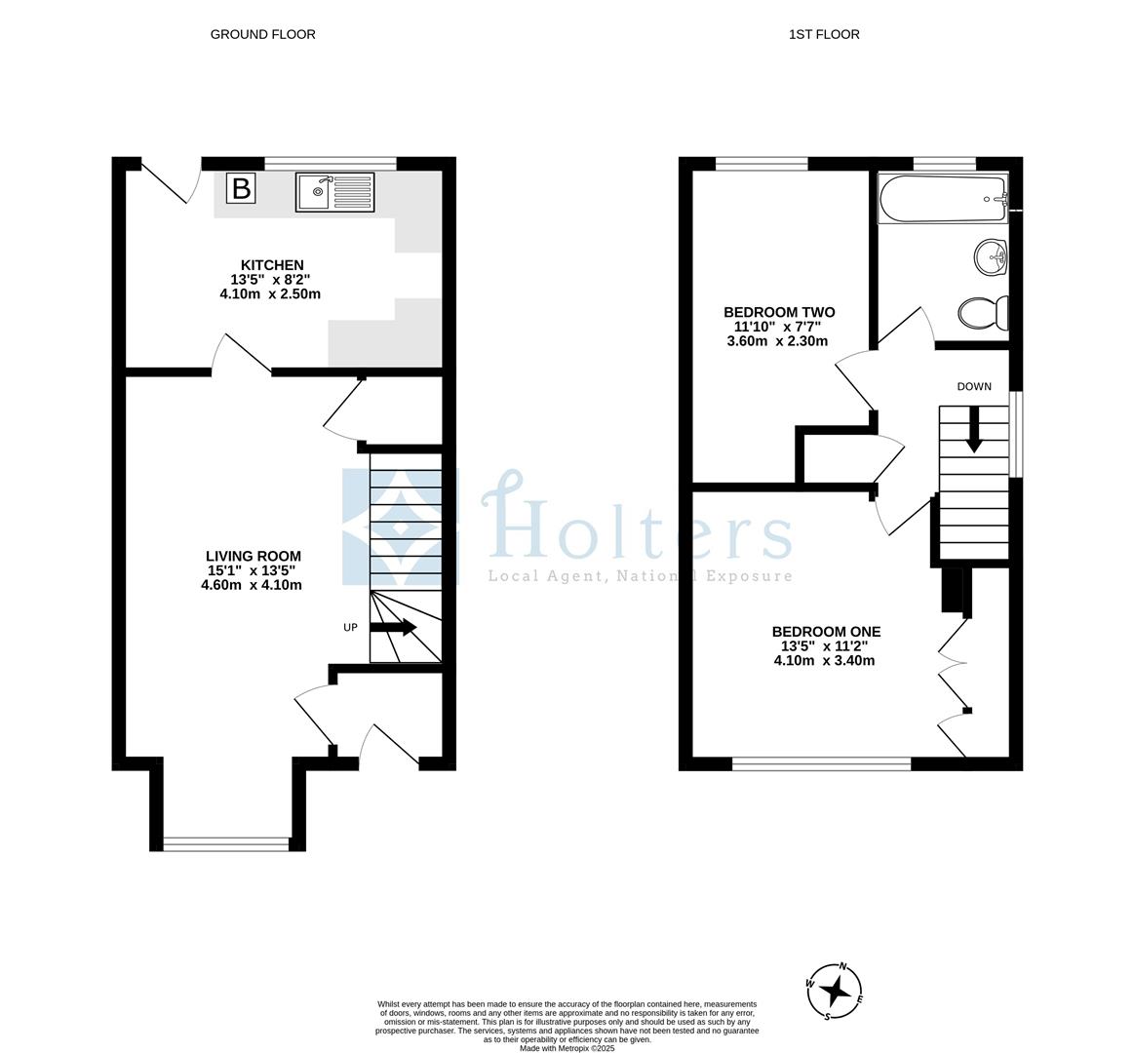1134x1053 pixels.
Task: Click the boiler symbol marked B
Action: (241, 188)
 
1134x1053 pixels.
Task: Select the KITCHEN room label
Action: (272, 265)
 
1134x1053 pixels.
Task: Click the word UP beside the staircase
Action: (350, 628)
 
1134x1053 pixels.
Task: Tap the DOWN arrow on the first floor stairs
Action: (973, 429)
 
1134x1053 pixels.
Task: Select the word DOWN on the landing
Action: (973, 387)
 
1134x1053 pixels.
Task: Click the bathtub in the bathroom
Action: (941, 200)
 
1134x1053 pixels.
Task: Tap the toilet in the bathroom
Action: (983, 313)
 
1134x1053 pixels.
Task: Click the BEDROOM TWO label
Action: (778, 313)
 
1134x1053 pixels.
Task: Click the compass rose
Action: (835, 991)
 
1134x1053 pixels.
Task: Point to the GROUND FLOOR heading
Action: (262, 34)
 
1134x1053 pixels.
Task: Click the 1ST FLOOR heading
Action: (824, 34)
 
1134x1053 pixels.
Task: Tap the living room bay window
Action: (226, 843)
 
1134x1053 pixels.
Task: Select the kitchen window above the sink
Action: (331, 163)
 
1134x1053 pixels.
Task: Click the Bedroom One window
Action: (821, 763)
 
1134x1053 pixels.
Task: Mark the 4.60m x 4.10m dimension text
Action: (251, 585)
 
